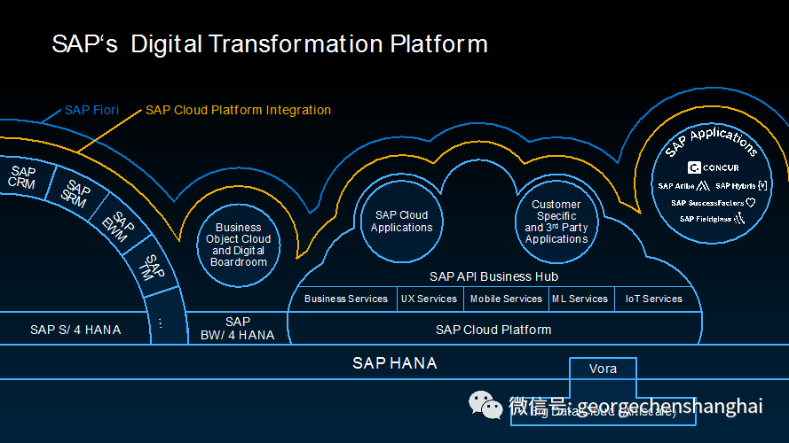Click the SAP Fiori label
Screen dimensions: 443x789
coord(91,112)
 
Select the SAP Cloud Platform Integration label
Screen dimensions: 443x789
coord(238,111)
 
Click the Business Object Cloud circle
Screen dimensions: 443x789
coord(238,245)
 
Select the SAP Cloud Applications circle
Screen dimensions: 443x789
coord(401,221)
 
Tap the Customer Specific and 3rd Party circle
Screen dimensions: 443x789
coord(556,221)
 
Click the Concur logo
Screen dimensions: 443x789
coord(714,167)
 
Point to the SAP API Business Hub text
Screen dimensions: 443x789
coord(493,277)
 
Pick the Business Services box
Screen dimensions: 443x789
coord(345,299)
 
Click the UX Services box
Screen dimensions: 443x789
coord(429,299)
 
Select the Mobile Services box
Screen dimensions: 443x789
coord(506,299)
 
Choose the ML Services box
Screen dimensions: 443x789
coord(580,299)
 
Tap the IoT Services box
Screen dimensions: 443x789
coord(653,299)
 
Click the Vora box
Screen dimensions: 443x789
coord(603,369)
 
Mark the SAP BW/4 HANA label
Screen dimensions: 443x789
coord(238,329)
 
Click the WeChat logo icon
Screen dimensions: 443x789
coord(485,405)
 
